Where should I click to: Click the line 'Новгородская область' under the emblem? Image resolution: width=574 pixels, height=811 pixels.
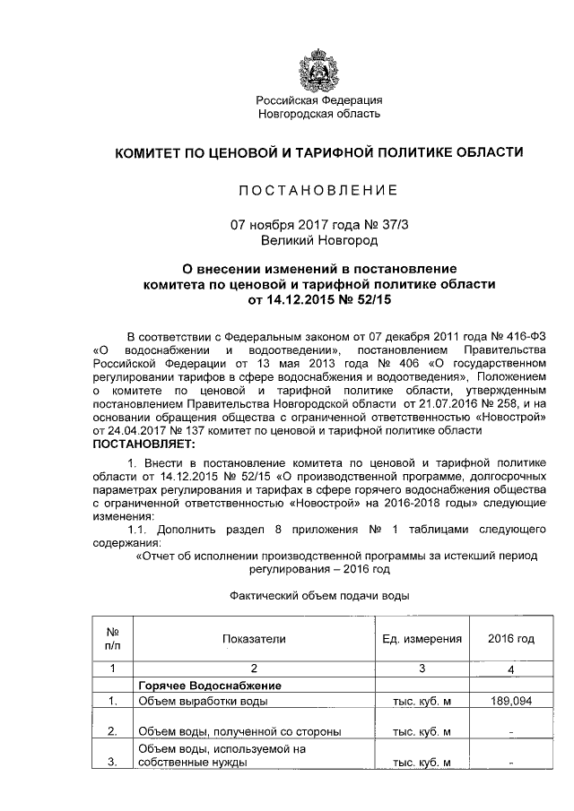click(319, 114)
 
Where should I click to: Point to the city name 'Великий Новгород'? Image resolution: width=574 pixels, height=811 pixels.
click(319, 240)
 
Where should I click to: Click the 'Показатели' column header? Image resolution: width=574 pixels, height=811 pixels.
click(254, 639)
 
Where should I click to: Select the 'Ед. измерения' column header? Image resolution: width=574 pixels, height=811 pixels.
click(422, 639)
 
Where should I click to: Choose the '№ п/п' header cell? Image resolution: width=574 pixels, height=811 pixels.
click(113, 639)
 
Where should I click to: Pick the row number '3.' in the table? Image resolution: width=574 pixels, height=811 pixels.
click(113, 763)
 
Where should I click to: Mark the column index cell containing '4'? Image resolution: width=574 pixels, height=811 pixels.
click(510, 669)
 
